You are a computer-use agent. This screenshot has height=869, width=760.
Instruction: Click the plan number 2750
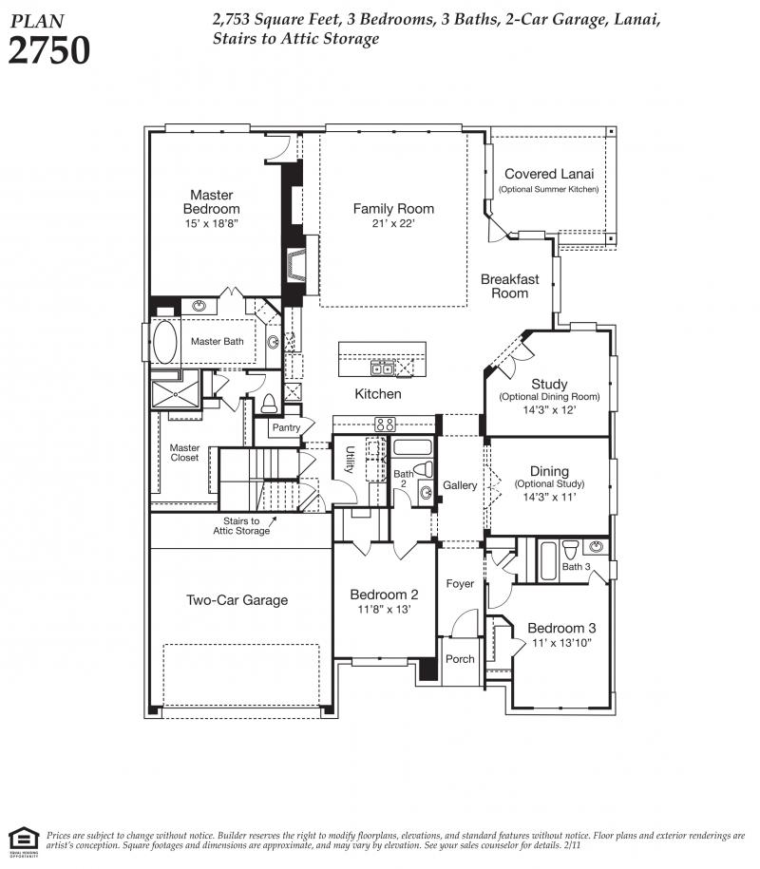tap(48, 50)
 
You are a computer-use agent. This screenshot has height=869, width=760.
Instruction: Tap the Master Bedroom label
tap(211, 201)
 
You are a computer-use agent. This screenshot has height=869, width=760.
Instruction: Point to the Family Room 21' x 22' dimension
tap(393, 223)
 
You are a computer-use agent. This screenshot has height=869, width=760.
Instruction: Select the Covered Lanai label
tap(549, 174)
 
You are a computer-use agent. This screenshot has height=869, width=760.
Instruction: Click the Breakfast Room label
tap(509, 286)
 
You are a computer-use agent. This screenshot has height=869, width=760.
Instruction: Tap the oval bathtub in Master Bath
tap(164, 341)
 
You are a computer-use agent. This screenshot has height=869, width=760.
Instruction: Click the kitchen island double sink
tap(383, 368)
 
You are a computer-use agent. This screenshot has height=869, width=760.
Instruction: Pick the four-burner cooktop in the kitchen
tap(385, 425)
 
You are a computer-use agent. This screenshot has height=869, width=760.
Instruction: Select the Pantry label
tap(286, 427)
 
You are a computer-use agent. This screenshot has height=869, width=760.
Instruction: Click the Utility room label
tap(350, 459)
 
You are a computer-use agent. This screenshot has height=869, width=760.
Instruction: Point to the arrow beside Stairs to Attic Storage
tap(273, 521)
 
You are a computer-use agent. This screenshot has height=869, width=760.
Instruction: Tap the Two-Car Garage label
tap(237, 600)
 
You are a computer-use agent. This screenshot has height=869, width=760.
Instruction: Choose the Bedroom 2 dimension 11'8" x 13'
tap(384, 610)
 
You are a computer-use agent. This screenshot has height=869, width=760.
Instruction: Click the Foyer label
tap(460, 583)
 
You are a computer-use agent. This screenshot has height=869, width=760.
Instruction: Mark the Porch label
tap(460, 659)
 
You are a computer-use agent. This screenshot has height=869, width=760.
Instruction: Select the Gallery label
tap(460, 485)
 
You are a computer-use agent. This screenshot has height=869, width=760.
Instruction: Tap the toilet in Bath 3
tap(570, 550)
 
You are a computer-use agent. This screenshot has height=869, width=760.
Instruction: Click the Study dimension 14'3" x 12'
tap(549, 410)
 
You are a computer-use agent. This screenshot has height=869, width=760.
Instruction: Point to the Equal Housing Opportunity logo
tap(24, 842)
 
